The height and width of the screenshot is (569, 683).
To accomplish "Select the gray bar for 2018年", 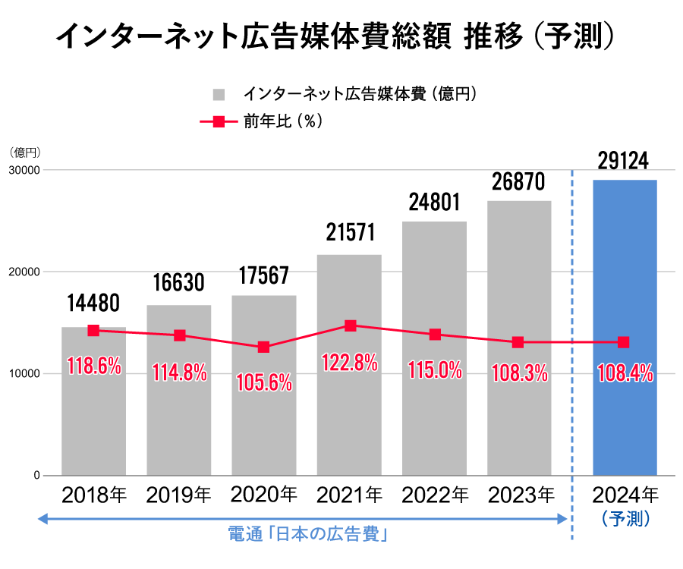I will [x=93, y=425].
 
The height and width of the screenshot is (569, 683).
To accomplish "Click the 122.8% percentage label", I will [x=350, y=363].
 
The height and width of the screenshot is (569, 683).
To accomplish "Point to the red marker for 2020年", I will [x=263, y=347].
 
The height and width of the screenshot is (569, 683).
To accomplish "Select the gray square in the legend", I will [x=219, y=95].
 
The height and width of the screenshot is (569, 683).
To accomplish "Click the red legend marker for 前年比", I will [x=218, y=121].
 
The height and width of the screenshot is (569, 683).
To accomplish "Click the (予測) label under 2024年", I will [x=625, y=519].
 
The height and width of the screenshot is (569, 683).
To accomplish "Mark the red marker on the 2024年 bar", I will [x=624, y=342].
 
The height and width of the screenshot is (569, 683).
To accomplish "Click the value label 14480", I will [x=93, y=303].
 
